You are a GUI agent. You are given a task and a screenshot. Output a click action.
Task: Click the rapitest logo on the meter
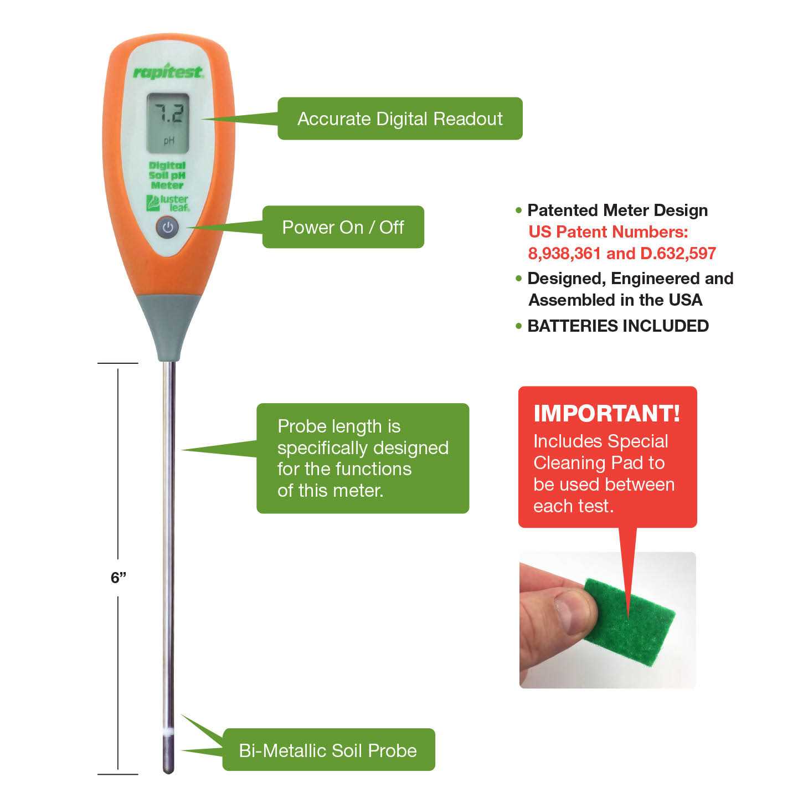pos(168,71)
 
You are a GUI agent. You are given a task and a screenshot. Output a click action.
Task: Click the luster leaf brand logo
pos(168,203)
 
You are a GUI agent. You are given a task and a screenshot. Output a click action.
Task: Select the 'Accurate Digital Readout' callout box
pos(400,119)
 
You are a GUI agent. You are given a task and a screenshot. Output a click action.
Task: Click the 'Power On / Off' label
pos(343,227)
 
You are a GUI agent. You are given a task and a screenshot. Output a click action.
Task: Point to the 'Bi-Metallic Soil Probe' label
pos(328,750)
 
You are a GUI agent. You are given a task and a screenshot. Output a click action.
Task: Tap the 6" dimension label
pos(119,578)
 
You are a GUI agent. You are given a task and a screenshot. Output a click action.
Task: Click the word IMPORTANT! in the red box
pos(607,413)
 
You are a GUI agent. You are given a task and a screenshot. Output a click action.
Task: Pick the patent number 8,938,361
pos(564,253)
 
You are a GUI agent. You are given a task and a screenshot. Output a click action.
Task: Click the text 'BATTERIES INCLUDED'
pos(618,326)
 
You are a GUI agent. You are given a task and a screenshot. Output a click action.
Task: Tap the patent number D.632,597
pos(678,253)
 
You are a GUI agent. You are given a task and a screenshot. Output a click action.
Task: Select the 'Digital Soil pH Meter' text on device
pos(167,176)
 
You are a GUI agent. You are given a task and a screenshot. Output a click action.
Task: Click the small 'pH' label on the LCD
pos(169,141)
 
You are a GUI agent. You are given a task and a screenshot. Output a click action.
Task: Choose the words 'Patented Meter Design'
pos(617,210)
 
